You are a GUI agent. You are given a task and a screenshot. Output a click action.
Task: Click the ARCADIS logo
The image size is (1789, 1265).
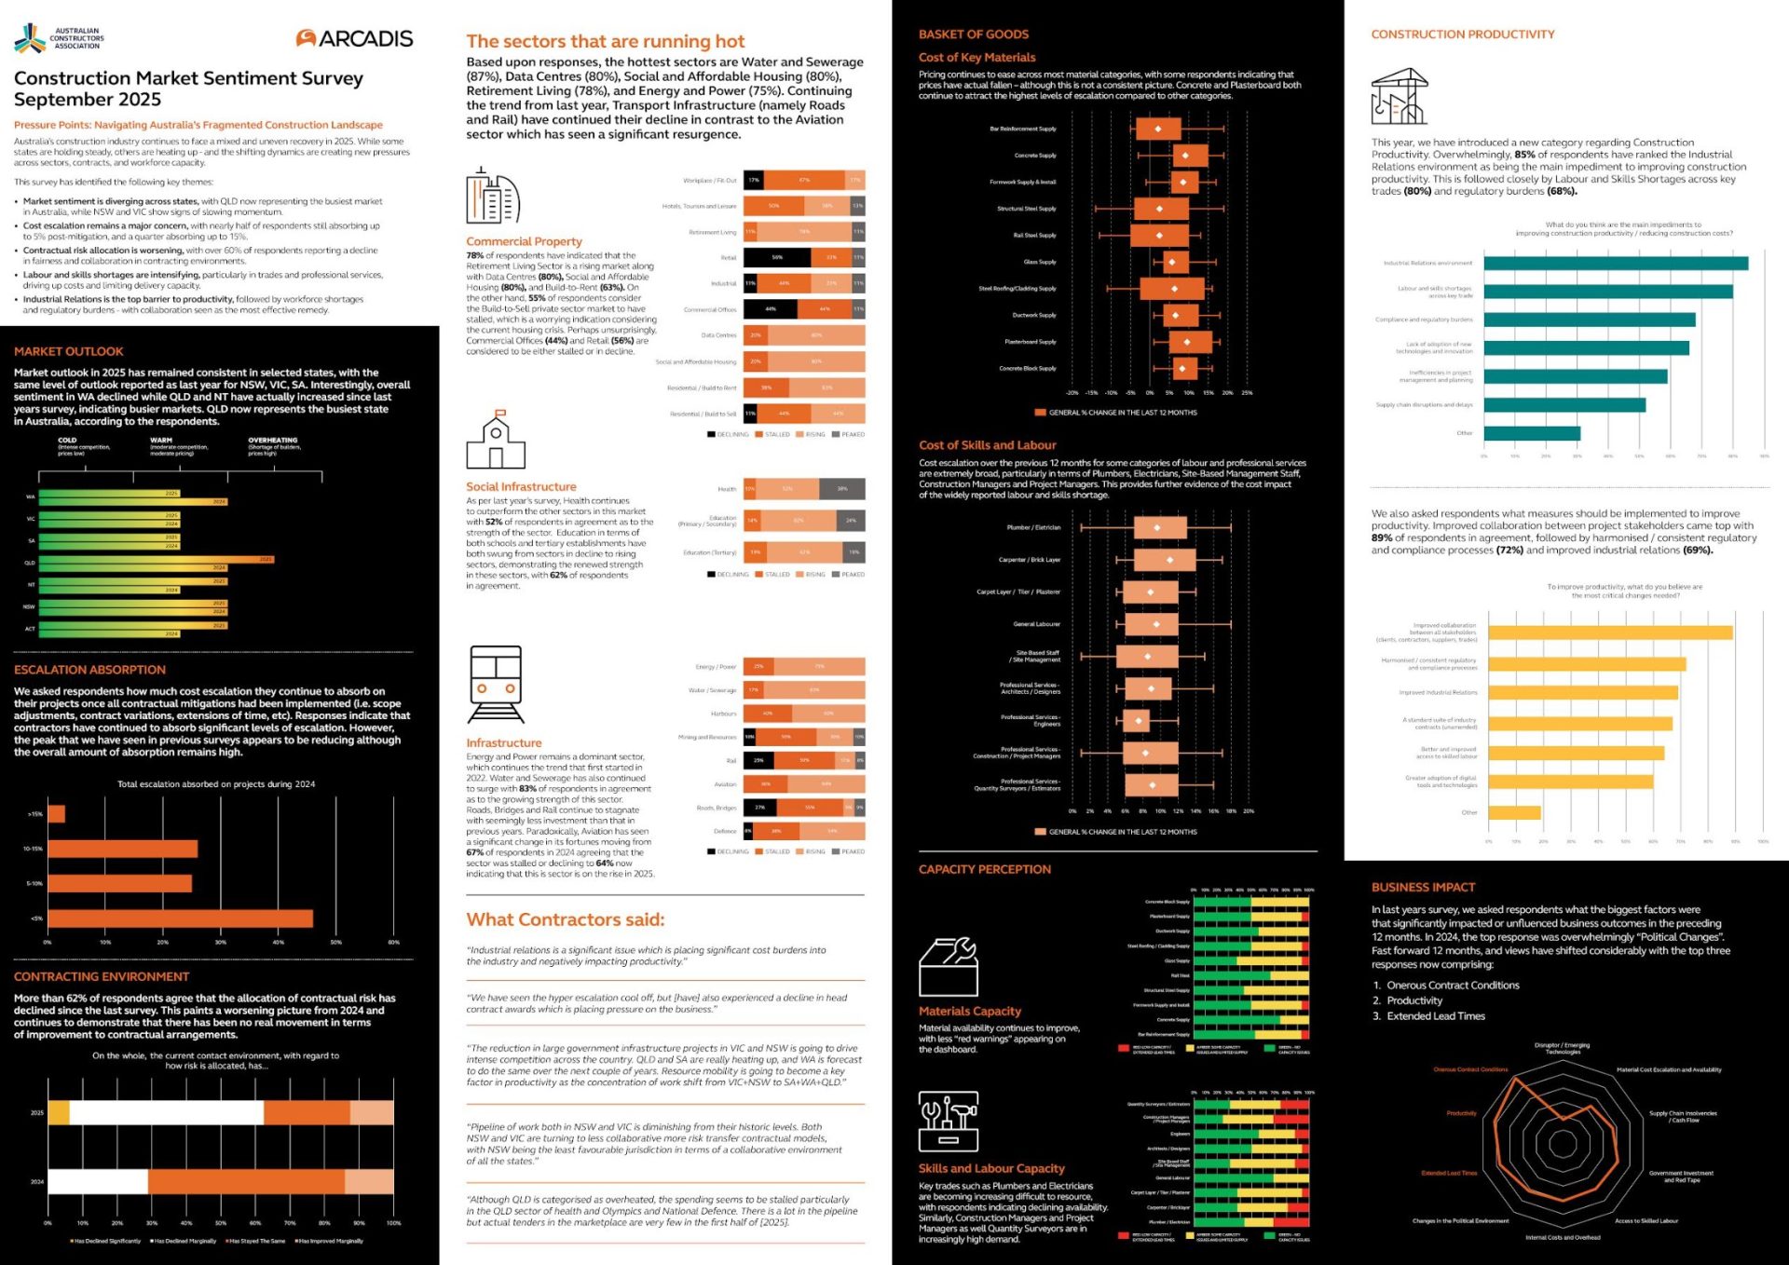coord(354,38)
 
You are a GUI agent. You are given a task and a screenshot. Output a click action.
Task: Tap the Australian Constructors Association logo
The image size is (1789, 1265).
coord(58,38)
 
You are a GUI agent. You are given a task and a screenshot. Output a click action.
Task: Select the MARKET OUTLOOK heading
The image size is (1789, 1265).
coord(68,351)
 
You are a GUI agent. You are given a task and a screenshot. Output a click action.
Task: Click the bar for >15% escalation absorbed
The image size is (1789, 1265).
coord(56,814)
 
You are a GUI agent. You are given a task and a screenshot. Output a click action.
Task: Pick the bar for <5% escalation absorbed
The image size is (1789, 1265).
coord(180,918)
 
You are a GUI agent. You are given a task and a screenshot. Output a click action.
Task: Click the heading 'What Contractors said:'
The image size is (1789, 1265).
coord(565,919)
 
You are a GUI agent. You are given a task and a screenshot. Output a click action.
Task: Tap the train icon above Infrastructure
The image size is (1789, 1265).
coord(496,685)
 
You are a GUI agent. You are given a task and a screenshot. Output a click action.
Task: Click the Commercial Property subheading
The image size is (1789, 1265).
coord(524,241)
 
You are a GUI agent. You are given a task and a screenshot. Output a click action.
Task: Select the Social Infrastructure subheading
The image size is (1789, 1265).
coord(521,486)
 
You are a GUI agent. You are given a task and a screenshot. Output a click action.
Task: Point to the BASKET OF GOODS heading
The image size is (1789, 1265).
coord(973,34)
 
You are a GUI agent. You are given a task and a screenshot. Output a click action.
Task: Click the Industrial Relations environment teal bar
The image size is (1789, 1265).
coord(1615,264)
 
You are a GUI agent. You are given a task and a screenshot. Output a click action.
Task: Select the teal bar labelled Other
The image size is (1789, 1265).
coord(1531,433)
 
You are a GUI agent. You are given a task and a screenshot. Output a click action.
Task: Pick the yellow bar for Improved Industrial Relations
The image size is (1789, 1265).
coord(1582,693)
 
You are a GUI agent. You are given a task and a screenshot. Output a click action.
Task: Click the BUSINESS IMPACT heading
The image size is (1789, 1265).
coord(1423,887)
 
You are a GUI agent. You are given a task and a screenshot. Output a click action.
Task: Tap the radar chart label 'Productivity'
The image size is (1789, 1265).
coord(1461,1113)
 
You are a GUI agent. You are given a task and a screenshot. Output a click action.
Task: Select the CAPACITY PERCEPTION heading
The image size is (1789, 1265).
coord(984,869)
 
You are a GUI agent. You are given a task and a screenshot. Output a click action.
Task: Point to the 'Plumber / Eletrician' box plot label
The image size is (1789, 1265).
coord(1033,527)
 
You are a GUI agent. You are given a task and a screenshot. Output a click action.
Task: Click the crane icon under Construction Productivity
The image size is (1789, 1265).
coord(1399,97)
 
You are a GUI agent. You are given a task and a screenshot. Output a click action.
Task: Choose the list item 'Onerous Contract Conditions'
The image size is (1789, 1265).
coord(1453,985)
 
